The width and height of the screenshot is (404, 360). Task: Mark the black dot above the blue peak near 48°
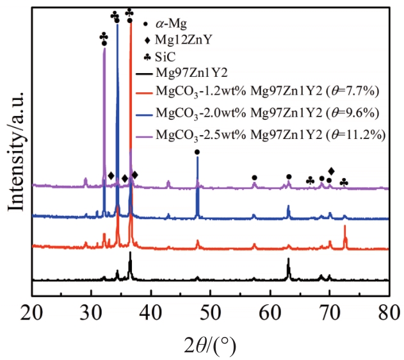coord(197,152)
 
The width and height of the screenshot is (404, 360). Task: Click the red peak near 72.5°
coord(345,227)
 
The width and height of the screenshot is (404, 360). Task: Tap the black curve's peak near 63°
coord(288,259)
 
